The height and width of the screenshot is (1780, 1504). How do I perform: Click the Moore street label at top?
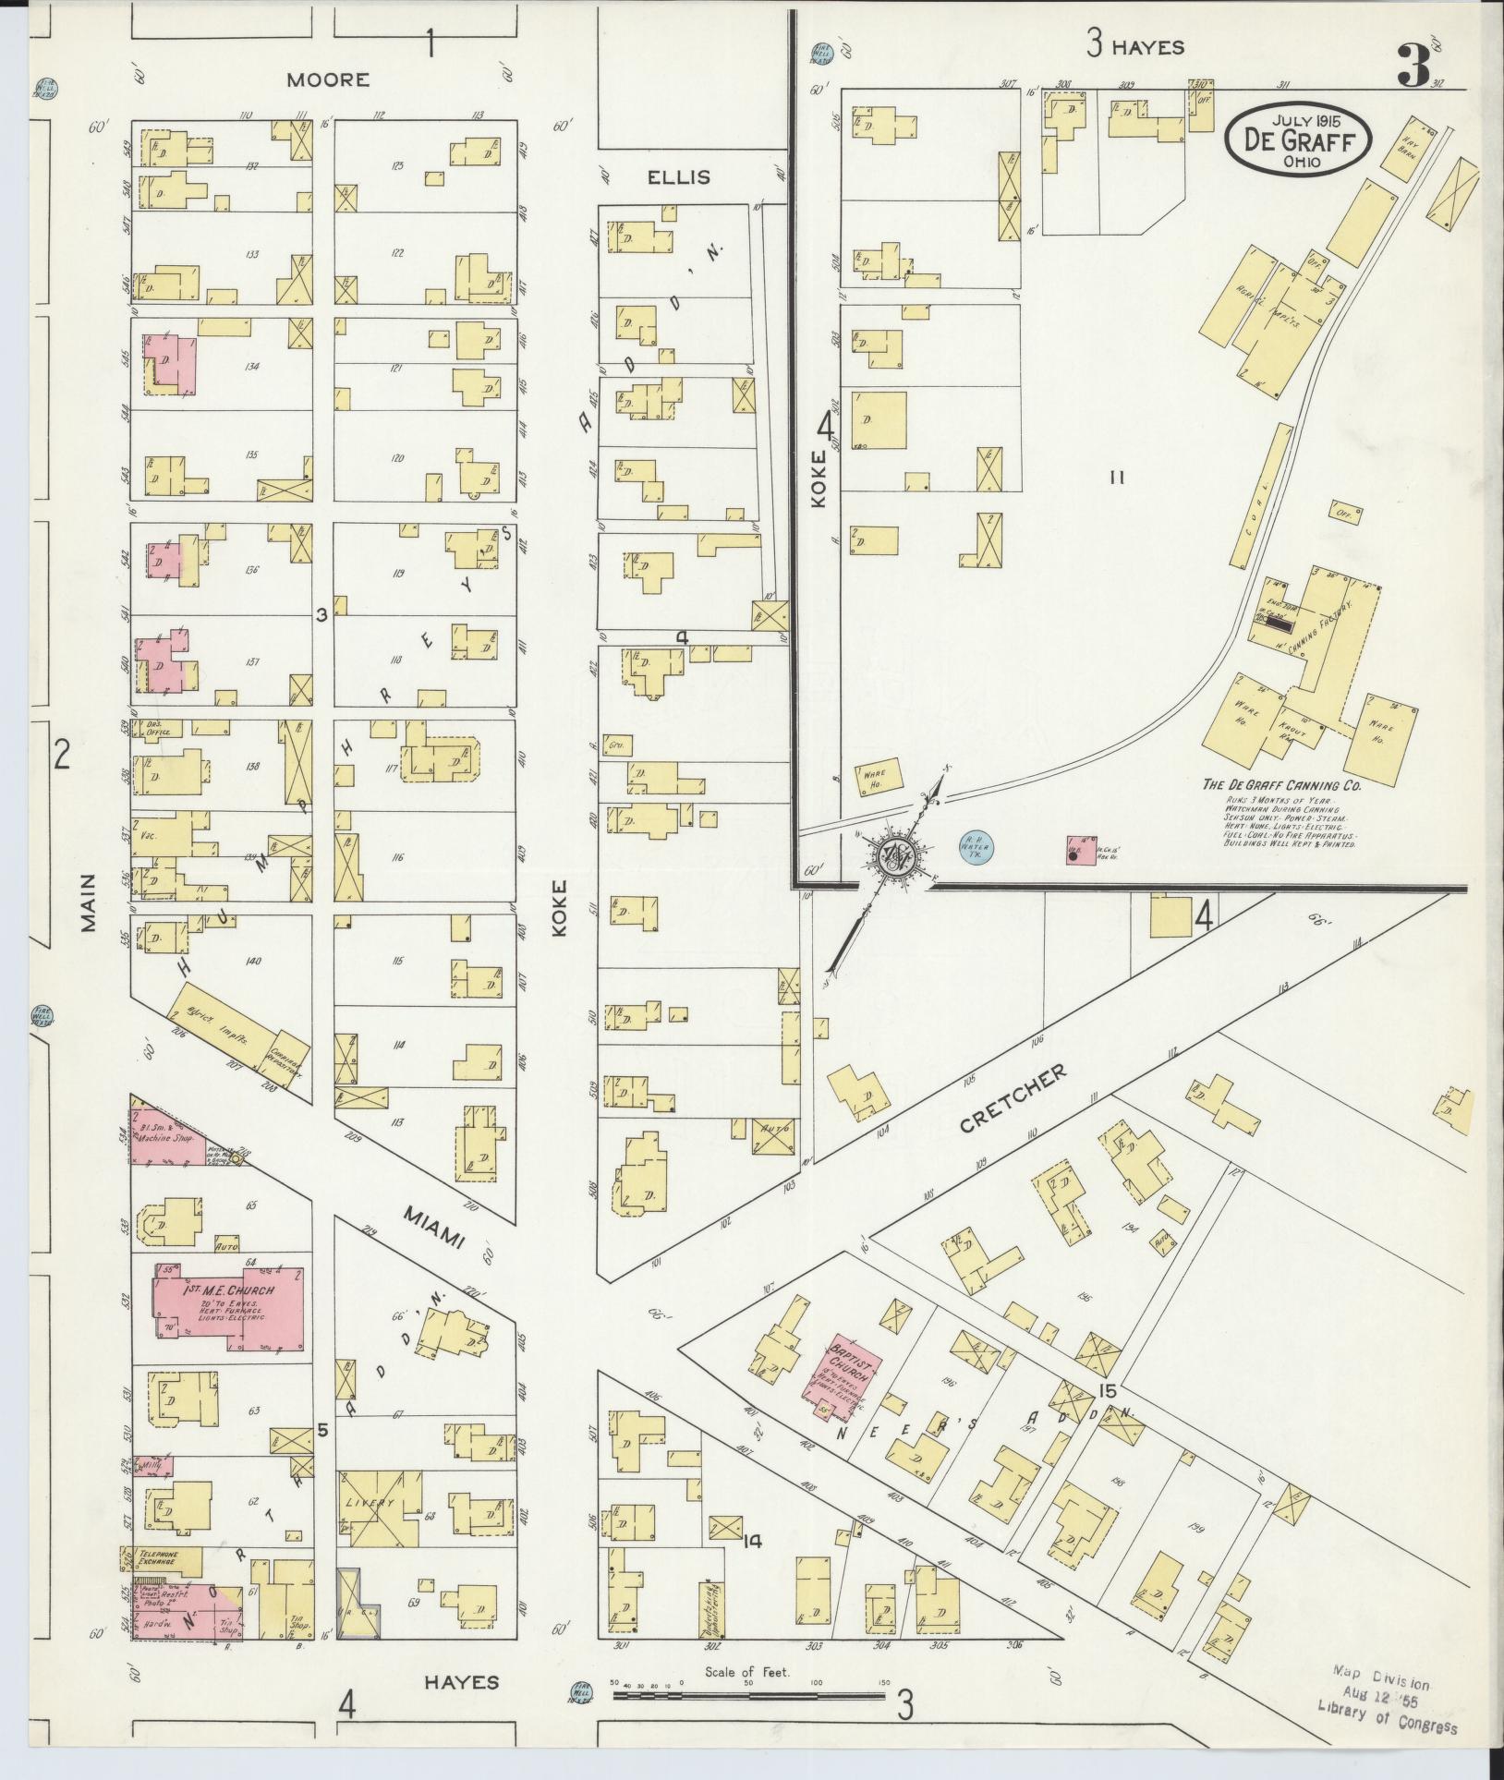pos(327,80)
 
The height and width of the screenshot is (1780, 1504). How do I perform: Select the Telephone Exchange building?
pos(162,1556)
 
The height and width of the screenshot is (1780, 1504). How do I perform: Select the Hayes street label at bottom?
pos(461,1682)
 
